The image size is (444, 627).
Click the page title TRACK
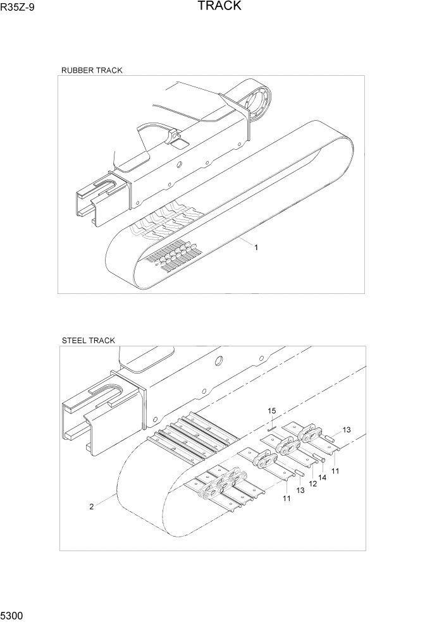coord(219,6)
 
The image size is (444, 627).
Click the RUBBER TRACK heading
coord(92,70)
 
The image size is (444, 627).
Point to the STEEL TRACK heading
coord(89,340)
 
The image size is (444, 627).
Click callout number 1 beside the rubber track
coord(256,248)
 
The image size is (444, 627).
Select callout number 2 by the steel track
coord(92,506)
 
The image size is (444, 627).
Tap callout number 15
coord(272,411)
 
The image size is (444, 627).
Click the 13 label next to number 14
coord(300,490)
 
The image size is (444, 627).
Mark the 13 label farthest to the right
coord(347,430)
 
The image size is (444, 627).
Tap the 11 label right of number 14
coord(335,471)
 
